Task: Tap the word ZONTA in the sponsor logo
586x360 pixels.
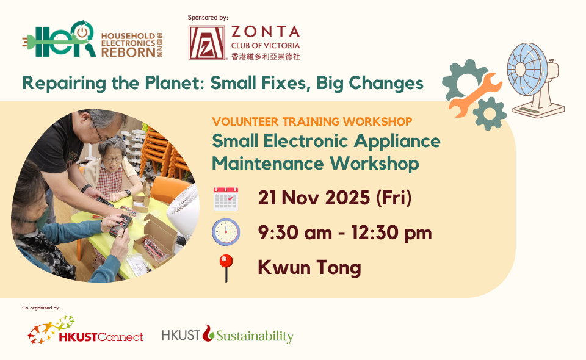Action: coord(266,32)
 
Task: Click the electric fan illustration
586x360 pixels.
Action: coord(535,79)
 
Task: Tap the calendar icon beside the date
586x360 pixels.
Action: coord(225,199)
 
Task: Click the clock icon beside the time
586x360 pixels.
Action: coord(225,232)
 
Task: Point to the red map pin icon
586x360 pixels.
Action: coord(226,268)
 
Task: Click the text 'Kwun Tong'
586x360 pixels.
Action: coord(309,267)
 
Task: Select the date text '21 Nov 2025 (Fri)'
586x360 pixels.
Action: coord(335,198)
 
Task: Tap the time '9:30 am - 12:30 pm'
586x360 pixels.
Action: coord(345,232)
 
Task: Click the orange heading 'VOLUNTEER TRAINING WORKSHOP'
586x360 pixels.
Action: coord(312,121)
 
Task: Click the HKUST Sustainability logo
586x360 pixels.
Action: coord(228,334)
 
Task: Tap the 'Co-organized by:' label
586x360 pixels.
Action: coord(41,308)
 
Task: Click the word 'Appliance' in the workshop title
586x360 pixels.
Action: coord(397,142)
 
